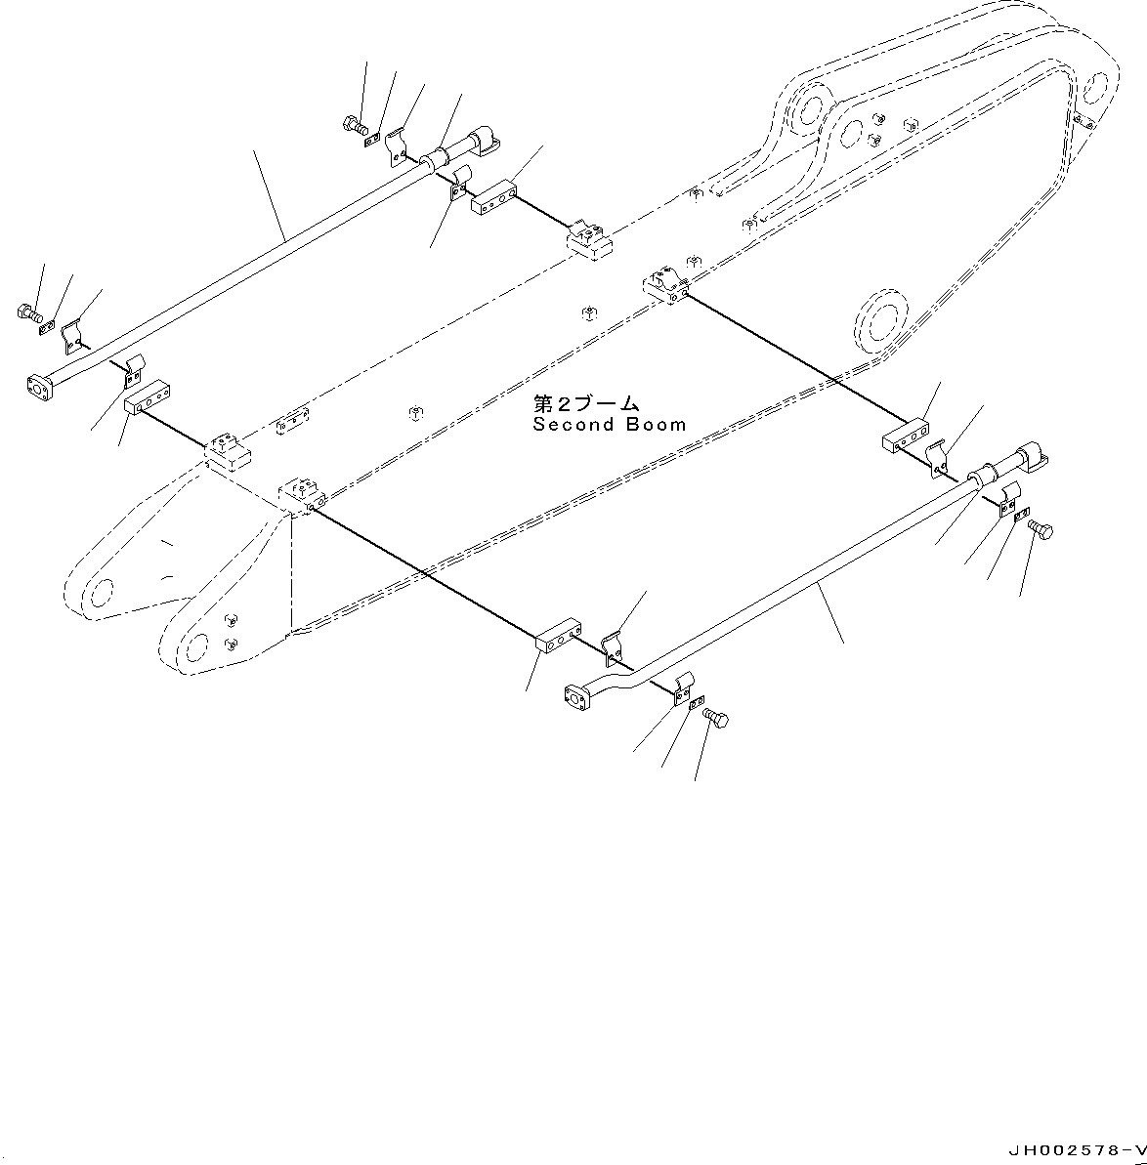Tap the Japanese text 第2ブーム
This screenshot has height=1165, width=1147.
click(585, 403)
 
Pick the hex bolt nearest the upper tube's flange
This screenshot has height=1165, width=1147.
click(27, 313)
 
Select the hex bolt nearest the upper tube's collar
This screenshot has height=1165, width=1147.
click(353, 124)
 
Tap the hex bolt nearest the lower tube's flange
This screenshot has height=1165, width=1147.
click(716, 720)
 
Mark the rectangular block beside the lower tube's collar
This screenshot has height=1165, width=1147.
click(906, 437)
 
